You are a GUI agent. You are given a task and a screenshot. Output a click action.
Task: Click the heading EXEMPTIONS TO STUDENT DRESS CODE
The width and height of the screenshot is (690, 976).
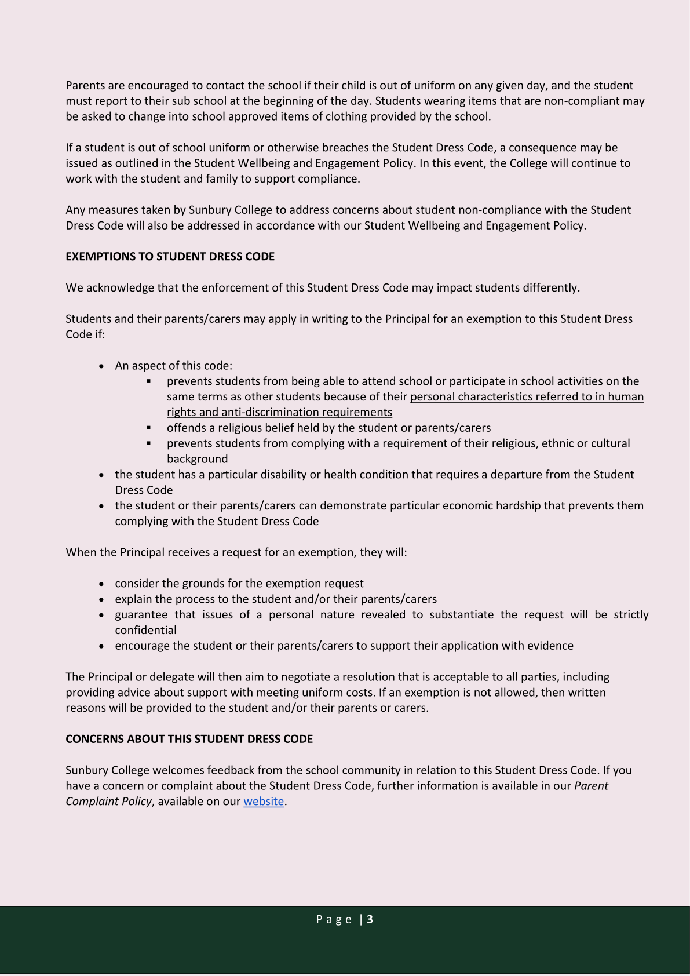(x=170, y=257)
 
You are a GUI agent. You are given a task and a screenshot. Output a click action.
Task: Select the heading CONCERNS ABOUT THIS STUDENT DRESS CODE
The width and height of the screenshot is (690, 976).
(x=189, y=739)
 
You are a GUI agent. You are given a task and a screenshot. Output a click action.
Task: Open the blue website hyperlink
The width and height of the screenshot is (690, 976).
(x=264, y=802)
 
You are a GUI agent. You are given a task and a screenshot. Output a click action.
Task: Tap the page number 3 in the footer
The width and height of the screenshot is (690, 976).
(x=370, y=919)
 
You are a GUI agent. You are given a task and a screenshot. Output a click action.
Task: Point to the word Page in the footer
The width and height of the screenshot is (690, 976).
(x=334, y=919)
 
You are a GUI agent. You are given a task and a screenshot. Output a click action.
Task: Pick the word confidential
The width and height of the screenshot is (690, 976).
(x=145, y=630)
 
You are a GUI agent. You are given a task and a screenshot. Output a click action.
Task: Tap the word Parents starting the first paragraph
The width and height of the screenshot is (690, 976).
(x=85, y=85)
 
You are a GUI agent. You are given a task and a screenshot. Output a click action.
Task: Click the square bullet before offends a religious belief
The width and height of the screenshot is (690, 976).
(x=149, y=428)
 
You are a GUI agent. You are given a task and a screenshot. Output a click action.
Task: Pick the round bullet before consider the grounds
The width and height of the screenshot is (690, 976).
(x=102, y=584)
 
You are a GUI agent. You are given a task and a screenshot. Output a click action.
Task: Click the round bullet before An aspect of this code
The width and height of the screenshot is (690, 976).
(x=102, y=366)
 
